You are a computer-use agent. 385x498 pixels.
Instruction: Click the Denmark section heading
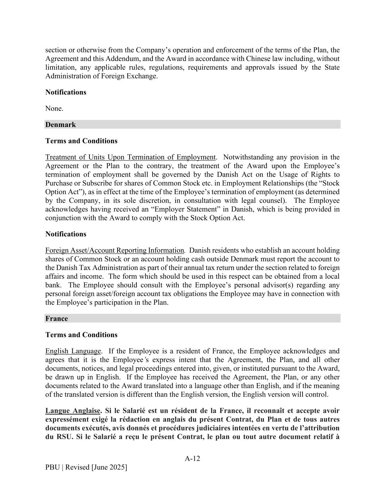tap(61, 125)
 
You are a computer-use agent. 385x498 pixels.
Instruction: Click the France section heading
tap(57, 319)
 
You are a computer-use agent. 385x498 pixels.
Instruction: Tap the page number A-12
tap(192, 459)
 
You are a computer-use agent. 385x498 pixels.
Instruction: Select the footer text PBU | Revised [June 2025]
tap(86, 467)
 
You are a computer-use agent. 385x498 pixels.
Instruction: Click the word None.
tap(54, 108)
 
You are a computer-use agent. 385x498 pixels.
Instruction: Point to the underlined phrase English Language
tap(73, 351)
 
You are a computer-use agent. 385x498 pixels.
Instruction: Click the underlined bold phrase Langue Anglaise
tap(73, 411)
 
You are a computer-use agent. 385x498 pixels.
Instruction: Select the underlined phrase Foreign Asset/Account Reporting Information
tap(115, 250)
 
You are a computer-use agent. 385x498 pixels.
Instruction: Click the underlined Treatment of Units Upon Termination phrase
tap(130, 157)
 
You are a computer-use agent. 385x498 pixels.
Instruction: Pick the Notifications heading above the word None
tap(66, 92)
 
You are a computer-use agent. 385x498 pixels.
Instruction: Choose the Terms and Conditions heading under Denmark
tap(81, 141)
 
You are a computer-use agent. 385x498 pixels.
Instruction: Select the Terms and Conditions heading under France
tap(81, 335)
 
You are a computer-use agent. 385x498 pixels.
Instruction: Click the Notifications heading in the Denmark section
tap(66, 234)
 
